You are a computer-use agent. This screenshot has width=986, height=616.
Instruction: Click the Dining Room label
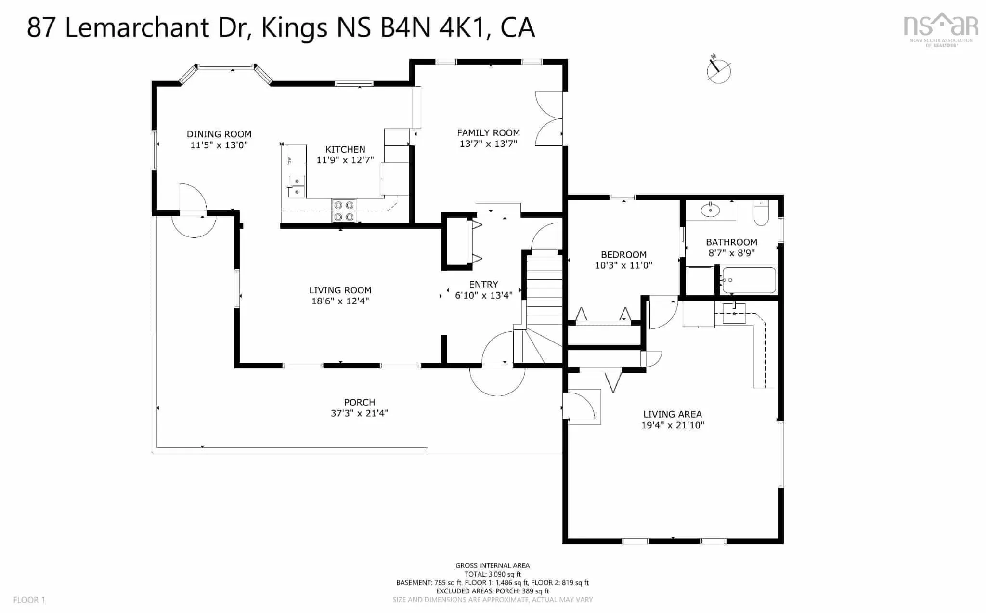(219, 134)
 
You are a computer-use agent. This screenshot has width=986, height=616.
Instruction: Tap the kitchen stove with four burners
(344, 211)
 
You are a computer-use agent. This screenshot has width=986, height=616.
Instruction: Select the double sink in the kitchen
(297, 186)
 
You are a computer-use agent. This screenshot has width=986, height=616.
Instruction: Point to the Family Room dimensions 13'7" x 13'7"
(488, 144)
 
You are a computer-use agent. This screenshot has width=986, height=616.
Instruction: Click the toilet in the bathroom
(761, 213)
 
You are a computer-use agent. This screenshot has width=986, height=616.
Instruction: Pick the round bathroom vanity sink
(710, 210)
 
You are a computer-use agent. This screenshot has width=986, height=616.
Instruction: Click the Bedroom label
(623, 255)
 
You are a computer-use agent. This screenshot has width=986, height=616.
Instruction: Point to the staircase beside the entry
(544, 308)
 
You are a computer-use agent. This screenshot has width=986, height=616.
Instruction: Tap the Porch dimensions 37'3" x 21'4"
(359, 413)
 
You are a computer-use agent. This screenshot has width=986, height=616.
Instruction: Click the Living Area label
(673, 414)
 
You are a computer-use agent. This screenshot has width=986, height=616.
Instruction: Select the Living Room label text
(340, 290)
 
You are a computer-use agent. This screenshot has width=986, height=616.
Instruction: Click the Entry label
(483, 285)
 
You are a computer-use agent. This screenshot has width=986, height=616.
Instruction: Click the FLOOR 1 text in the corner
(29, 600)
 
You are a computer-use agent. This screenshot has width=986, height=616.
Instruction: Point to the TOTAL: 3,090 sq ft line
(493, 574)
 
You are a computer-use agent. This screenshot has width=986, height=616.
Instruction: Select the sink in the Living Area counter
(734, 313)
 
